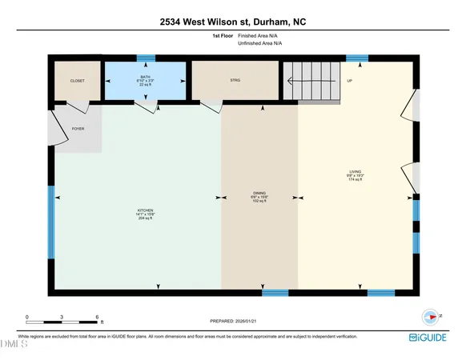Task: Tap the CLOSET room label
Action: point(78,81)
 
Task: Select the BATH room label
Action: point(145,77)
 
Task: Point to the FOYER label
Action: point(78,128)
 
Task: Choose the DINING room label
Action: point(259,193)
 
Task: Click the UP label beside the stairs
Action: point(349,81)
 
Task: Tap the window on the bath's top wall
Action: point(145,58)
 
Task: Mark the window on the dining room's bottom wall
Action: point(275,292)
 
